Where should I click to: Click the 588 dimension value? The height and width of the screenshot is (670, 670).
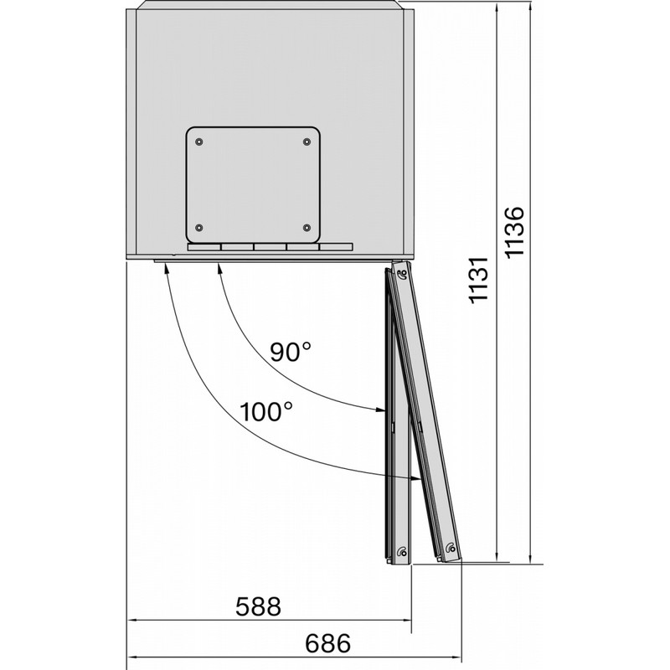click(x=258, y=606)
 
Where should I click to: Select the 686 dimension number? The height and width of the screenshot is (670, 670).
click(x=327, y=643)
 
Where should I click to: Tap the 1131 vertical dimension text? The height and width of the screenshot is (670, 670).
click(x=478, y=281)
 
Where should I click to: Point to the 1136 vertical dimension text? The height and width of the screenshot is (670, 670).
click(x=514, y=232)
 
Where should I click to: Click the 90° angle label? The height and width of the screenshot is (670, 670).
click(x=291, y=352)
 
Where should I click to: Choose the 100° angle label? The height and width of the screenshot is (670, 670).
click(x=266, y=412)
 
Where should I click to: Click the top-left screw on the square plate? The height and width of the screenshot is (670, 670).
click(x=198, y=142)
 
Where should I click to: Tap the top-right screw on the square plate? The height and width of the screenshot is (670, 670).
click(x=307, y=142)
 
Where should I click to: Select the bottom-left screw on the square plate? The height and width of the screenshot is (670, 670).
click(x=198, y=228)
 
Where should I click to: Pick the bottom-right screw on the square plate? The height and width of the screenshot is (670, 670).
click(x=307, y=228)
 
